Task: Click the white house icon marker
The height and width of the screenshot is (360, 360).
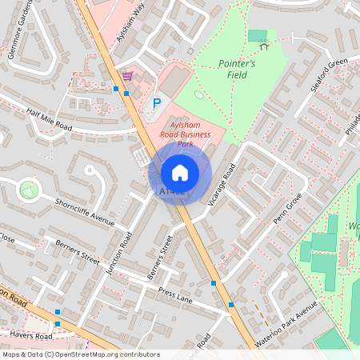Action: pyautogui.click(x=179, y=172)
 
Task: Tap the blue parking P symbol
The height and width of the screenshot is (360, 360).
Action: pyautogui.click(x=157, y=102)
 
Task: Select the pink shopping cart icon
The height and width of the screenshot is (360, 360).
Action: pyautogui.click(x=127, y=76)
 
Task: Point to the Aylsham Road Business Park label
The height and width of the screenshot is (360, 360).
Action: pyautogui.click(x=192, y=135)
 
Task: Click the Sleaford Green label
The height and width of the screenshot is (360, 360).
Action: pyautogui.click(x=324, y=75)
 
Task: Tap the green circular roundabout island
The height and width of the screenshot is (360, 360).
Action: pyautogui.click(x=30, y=190)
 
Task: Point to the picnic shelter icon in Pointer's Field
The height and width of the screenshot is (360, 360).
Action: pyautogui.click(x=264, y=45)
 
